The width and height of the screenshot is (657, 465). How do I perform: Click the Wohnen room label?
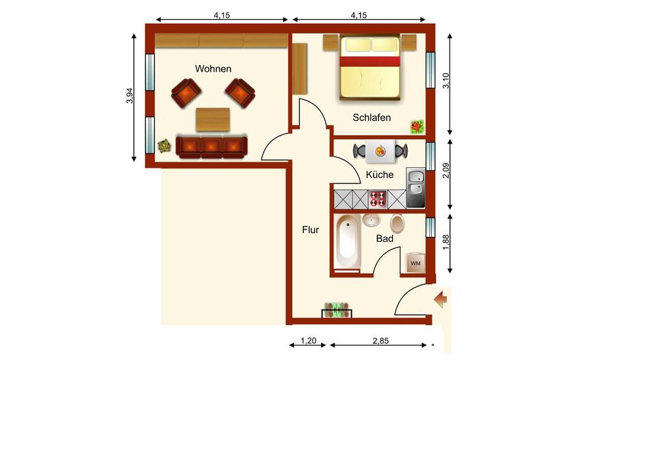tap(213, 68)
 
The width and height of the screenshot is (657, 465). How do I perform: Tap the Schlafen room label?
tap(372, 118)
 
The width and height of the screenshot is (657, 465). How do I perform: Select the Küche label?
tap(380, 175)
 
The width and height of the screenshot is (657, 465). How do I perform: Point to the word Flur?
tap(311, 230)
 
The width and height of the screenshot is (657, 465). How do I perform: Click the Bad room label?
tap(385, 238)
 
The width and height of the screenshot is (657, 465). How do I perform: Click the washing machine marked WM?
tap(415, 262)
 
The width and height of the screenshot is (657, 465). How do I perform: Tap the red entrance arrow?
tap(441, 299)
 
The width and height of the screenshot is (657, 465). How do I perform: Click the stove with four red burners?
tap(378, 199)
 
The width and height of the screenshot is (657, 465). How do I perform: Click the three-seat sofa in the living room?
tap(211, 147)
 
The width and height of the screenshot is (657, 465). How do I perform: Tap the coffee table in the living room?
tap(213, 119)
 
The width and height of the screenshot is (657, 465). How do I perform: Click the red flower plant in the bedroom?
tap(417, 127)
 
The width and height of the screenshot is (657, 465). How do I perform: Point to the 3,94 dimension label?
tap(129, 96)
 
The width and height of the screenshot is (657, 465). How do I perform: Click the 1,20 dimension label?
tap(309, 341)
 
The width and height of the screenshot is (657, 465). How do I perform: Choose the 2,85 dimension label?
tap(381, 341)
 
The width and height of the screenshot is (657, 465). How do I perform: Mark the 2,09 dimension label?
tap(446, 171)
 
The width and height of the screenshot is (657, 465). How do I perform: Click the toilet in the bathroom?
tap(397, 223)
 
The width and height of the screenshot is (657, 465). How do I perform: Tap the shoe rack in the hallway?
tap(337, 310)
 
